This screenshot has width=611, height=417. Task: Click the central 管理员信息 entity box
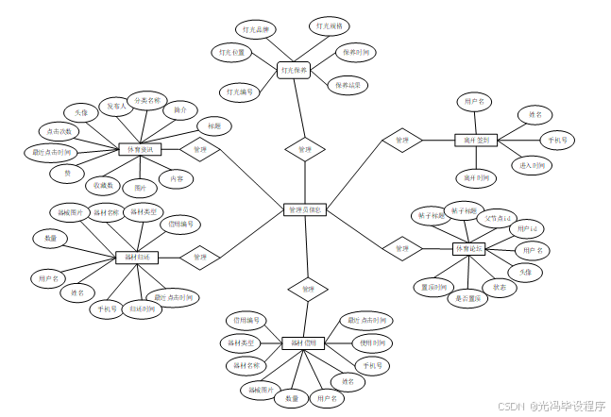305,209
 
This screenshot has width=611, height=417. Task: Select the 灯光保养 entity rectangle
294,70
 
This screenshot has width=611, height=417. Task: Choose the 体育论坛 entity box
469,249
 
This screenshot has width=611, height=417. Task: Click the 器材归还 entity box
137,257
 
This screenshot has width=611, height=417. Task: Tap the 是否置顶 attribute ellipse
468,298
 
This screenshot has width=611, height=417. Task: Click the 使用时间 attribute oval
370,342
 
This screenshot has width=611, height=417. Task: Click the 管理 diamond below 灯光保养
304,149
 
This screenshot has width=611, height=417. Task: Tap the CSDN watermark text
511,406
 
